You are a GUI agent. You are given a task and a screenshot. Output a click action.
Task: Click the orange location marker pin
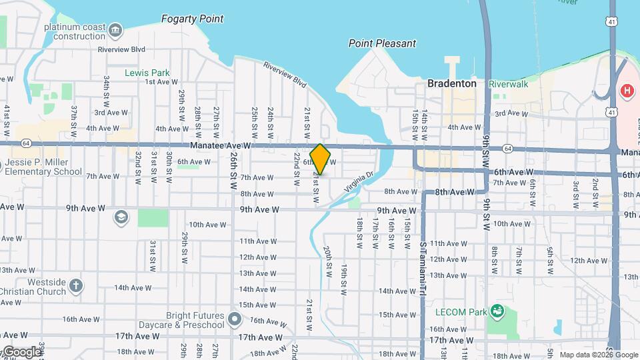pos(320,159)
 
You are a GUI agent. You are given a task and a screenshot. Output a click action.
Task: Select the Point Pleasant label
pos(382,43)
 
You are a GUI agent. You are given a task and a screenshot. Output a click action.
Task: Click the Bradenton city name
pos(451,84)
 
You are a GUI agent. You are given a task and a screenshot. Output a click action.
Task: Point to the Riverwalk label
pos(508,84)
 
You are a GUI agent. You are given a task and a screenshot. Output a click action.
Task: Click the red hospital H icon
pos(627,90)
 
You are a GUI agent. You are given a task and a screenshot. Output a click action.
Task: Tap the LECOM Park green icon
pos(496,311)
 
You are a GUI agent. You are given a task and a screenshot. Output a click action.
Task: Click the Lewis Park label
pos(147,73)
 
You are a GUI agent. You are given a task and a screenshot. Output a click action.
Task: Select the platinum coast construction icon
pos(115,29)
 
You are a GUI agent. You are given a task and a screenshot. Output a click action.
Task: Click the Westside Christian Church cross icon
pos(76,285)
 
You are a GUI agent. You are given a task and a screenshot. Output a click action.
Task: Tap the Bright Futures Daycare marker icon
pos(233,319)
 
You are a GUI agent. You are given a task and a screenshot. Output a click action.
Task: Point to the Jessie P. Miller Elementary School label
pos(43,167)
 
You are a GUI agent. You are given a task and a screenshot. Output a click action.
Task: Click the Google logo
pos(21,352)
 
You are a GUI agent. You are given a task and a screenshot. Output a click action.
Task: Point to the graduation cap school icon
pos(121,217)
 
